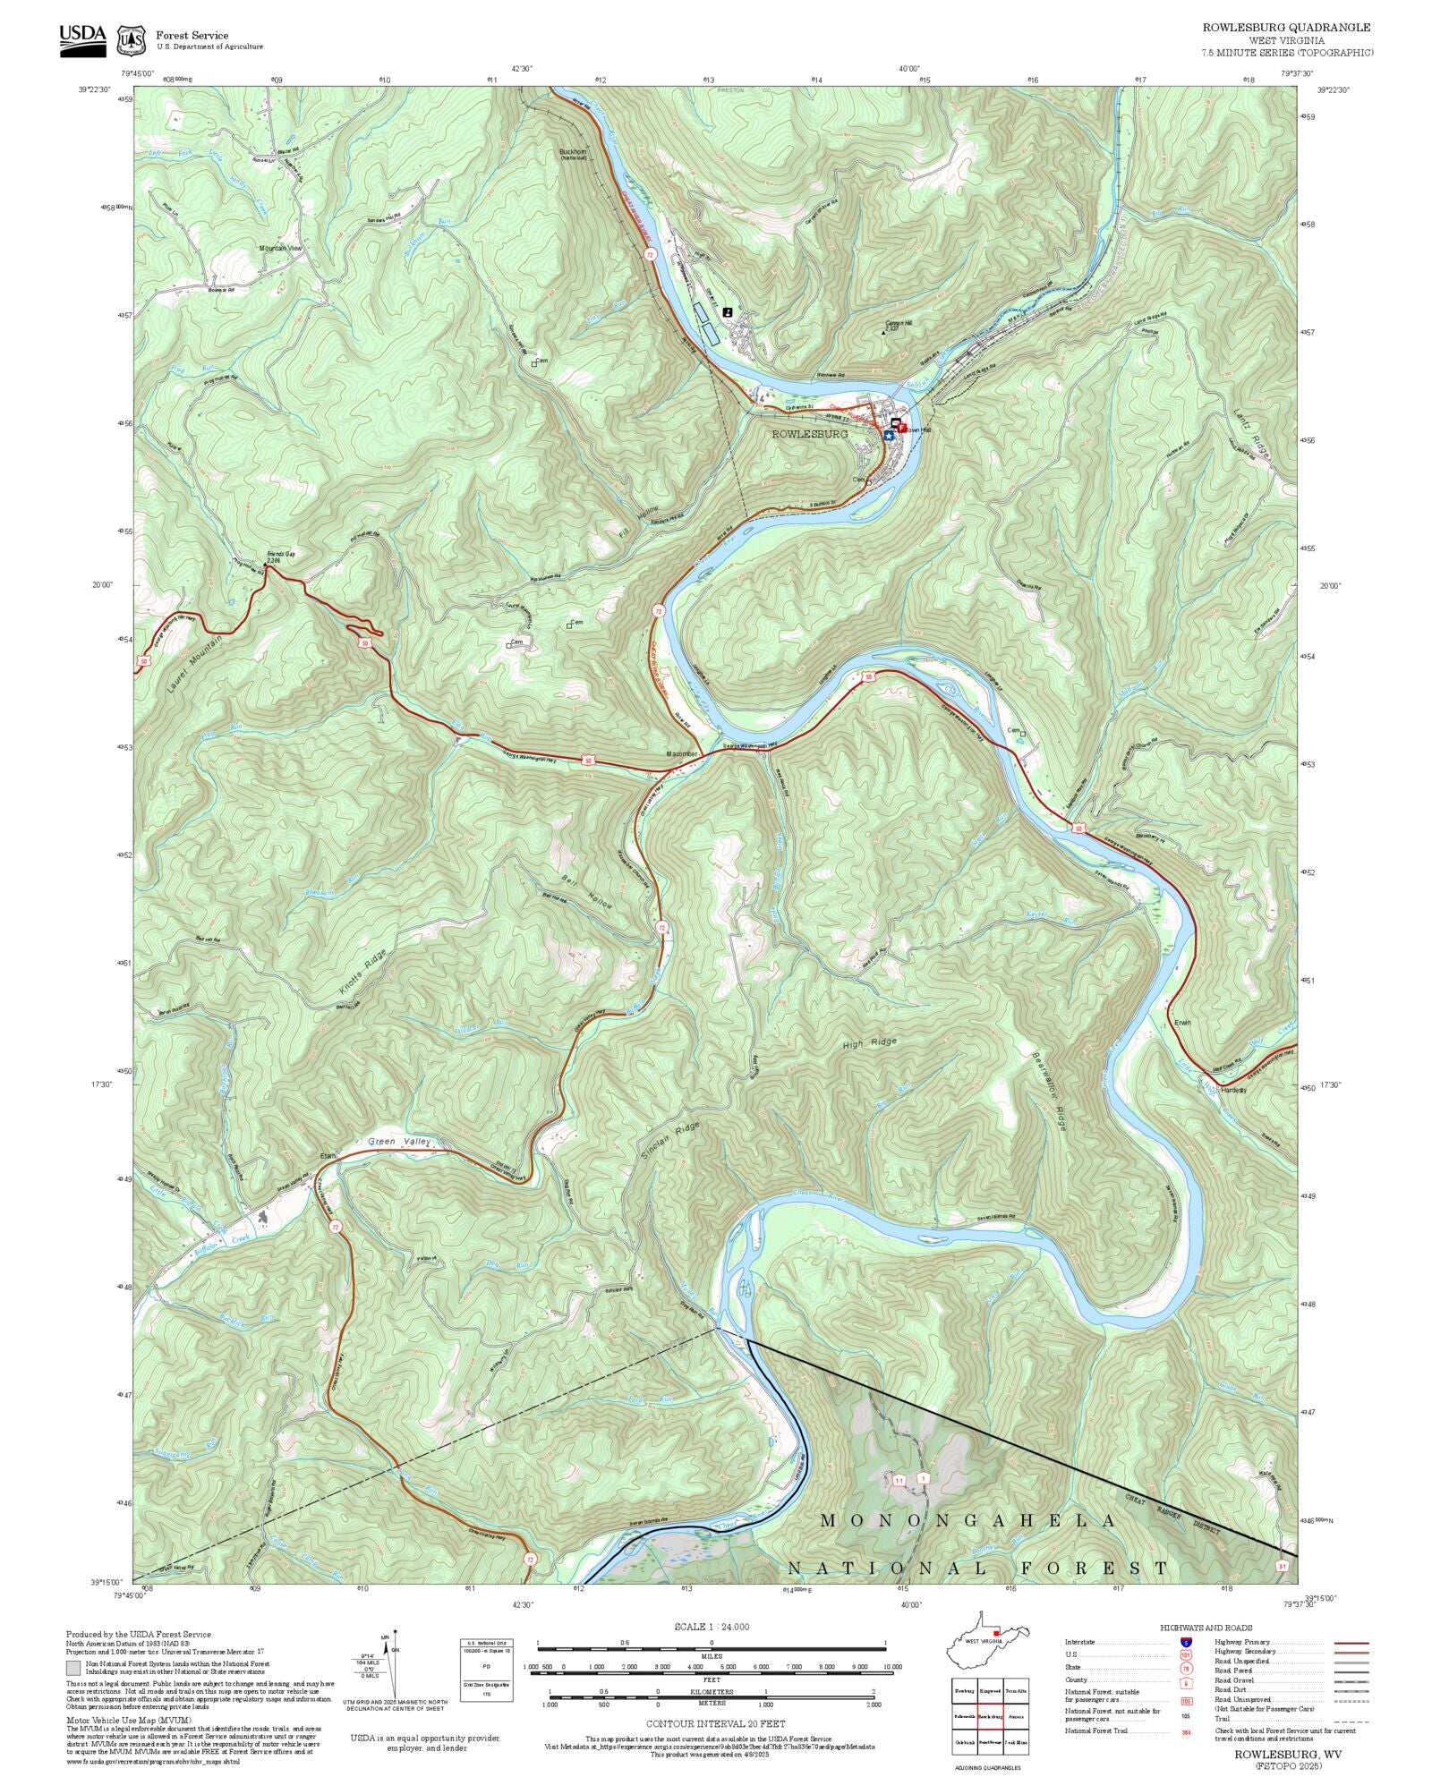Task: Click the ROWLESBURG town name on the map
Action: (x=810, y=434)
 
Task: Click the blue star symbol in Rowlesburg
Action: (x=888, y=436)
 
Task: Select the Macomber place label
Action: (x=682, y=754)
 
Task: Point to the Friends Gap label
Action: (x=280, y=556)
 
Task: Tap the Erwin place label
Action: (x=1183, y=1023)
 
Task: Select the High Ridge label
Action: (x=869, y=1043)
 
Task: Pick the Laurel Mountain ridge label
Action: (x=194, y=664)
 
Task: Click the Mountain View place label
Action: (x=281, y=248)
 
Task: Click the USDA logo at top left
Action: (x=82, y=39)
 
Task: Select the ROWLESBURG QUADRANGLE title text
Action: (x=1286, y=28)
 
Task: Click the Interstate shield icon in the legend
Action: (x=1186, y=1643)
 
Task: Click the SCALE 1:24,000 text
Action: (x=712, y=1627)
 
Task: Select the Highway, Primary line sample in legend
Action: (x=1351, y=1643)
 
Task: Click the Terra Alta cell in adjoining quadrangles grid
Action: (x=1016, y=1691)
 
